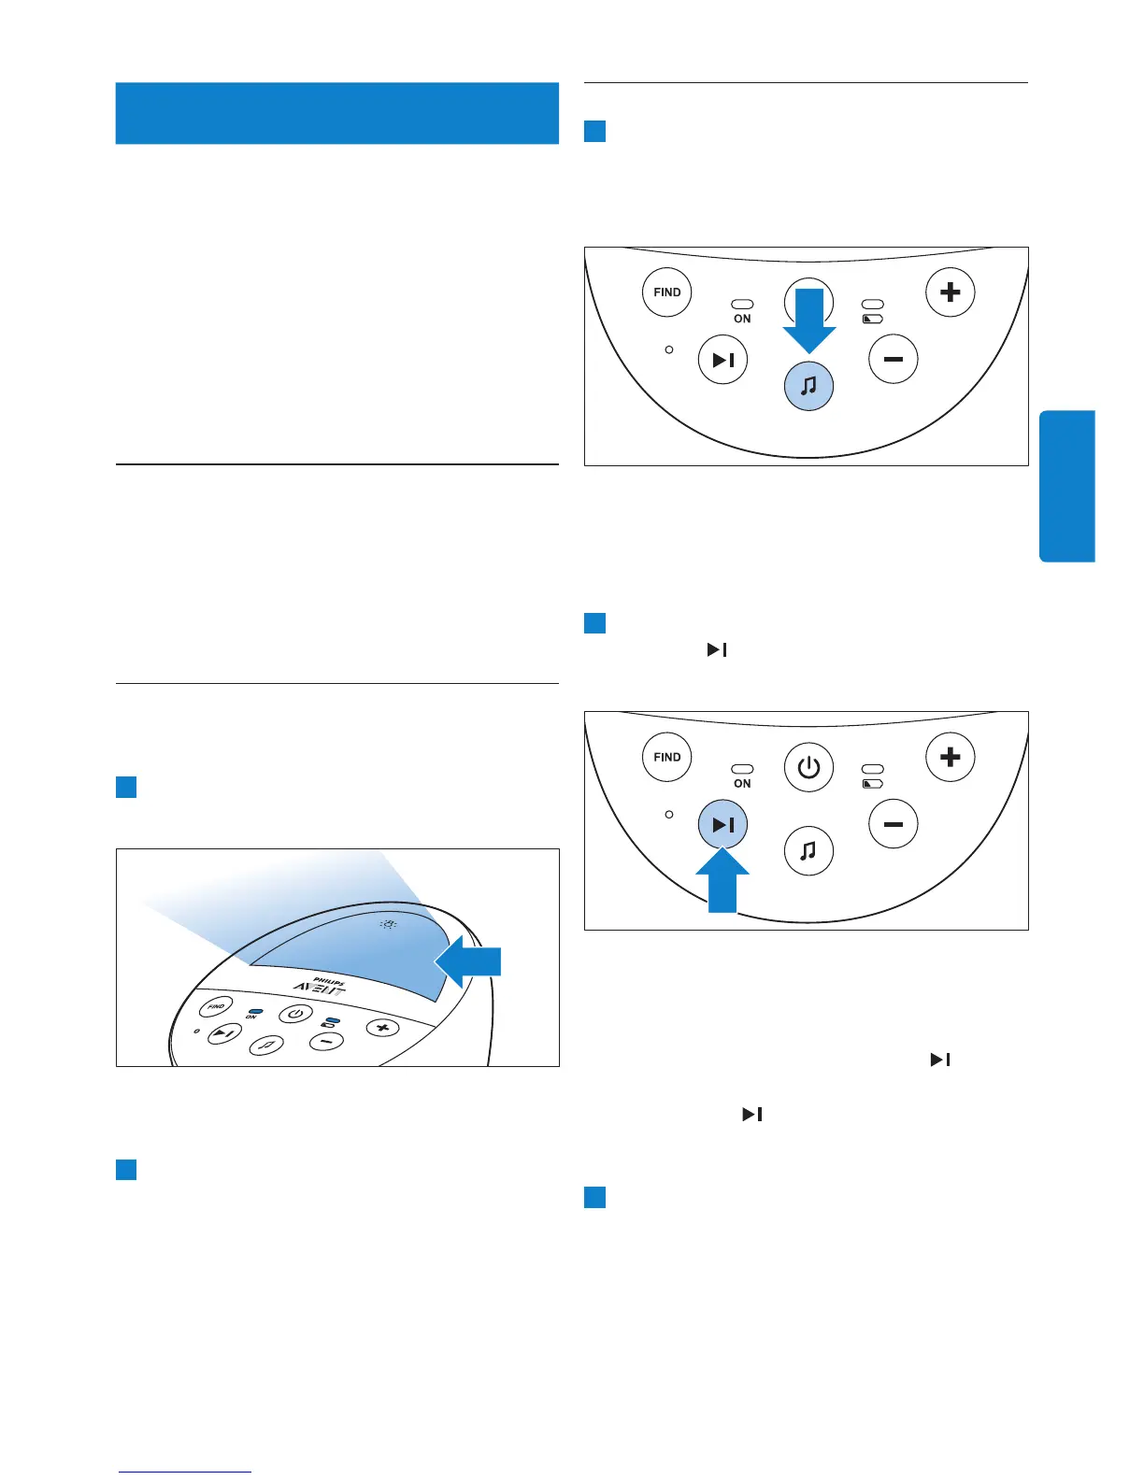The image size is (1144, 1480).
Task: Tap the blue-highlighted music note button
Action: [x=808, y=385]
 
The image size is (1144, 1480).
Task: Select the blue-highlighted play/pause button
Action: [x=722, y=825]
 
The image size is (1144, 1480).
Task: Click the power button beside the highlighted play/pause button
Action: [x=808, y=768]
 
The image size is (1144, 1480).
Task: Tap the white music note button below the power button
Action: [x=808, y=850]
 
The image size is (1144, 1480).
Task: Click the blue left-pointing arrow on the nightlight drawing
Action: [x=470, y=962]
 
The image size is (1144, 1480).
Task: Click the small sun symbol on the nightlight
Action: [x=388, y=924]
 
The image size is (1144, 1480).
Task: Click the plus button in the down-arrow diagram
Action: [x=950, y=292]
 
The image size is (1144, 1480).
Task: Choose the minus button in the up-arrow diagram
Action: [x=894, y=824]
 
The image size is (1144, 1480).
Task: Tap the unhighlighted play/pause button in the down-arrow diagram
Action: [x=722, y=360]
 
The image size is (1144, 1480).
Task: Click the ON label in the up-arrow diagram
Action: [x=742, y=784]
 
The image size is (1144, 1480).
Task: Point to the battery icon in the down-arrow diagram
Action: [x=872, y=320]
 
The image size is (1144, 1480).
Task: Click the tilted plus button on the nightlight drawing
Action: [x=381, y=1028]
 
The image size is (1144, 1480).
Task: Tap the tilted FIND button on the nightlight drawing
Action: [x=216, y=1006]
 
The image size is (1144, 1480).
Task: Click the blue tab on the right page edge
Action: [x=1066, y=486]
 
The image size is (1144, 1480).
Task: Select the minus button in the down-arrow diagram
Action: [x=894, y=360]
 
